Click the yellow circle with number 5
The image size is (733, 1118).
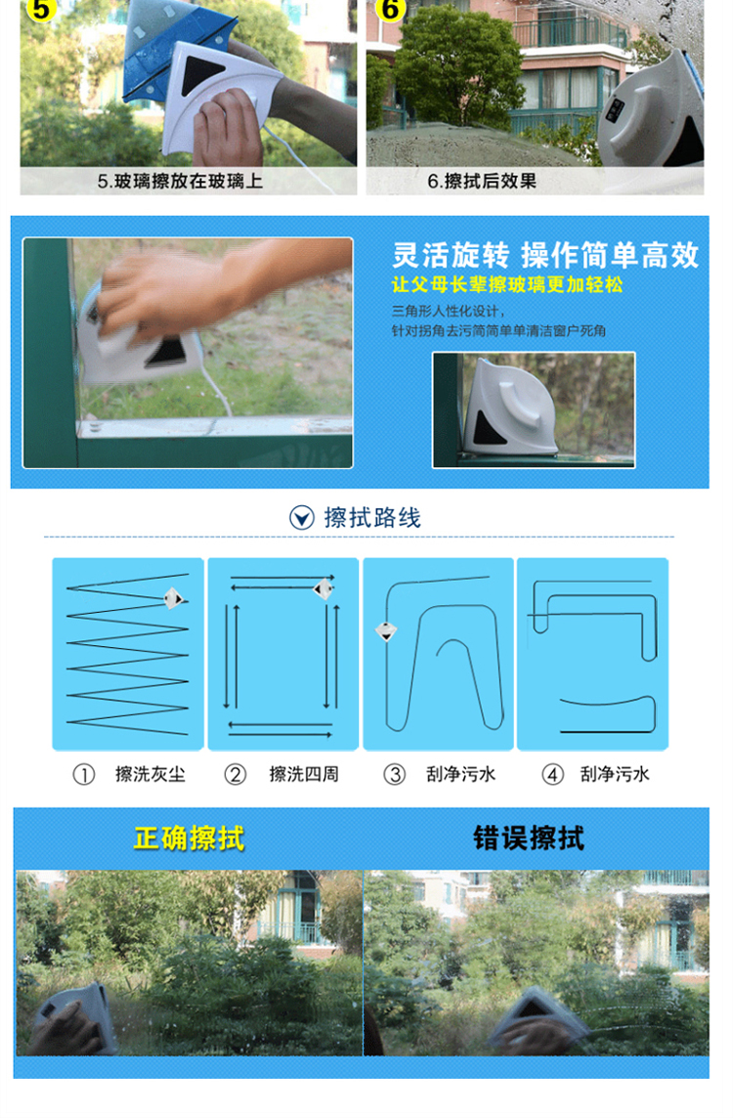point(41,9)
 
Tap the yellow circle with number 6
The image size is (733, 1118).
point(390,9)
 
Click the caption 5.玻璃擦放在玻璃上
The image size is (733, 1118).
point(181,181)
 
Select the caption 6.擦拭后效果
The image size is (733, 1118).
point(482,181)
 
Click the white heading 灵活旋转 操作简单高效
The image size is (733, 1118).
point(545,254)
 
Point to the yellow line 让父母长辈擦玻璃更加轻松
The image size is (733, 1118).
point(507,284)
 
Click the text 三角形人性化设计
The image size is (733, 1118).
point(447,311)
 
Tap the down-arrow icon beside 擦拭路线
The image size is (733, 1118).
point(302,518)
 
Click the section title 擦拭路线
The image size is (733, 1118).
point(372,518)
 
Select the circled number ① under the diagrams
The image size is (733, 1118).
point(84,774)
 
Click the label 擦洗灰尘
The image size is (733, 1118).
point(151,774)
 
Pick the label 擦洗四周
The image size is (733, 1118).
point(304,774)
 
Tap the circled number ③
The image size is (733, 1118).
point(394,774)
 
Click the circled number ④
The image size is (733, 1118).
point(552,774)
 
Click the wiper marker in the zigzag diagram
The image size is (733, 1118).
point(173,598)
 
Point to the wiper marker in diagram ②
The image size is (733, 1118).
point(323,589)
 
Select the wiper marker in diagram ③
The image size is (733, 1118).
point(386,631)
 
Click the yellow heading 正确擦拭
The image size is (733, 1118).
point(189,838)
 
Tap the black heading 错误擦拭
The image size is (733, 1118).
point(529,838)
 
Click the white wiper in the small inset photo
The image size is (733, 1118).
point(509,409)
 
